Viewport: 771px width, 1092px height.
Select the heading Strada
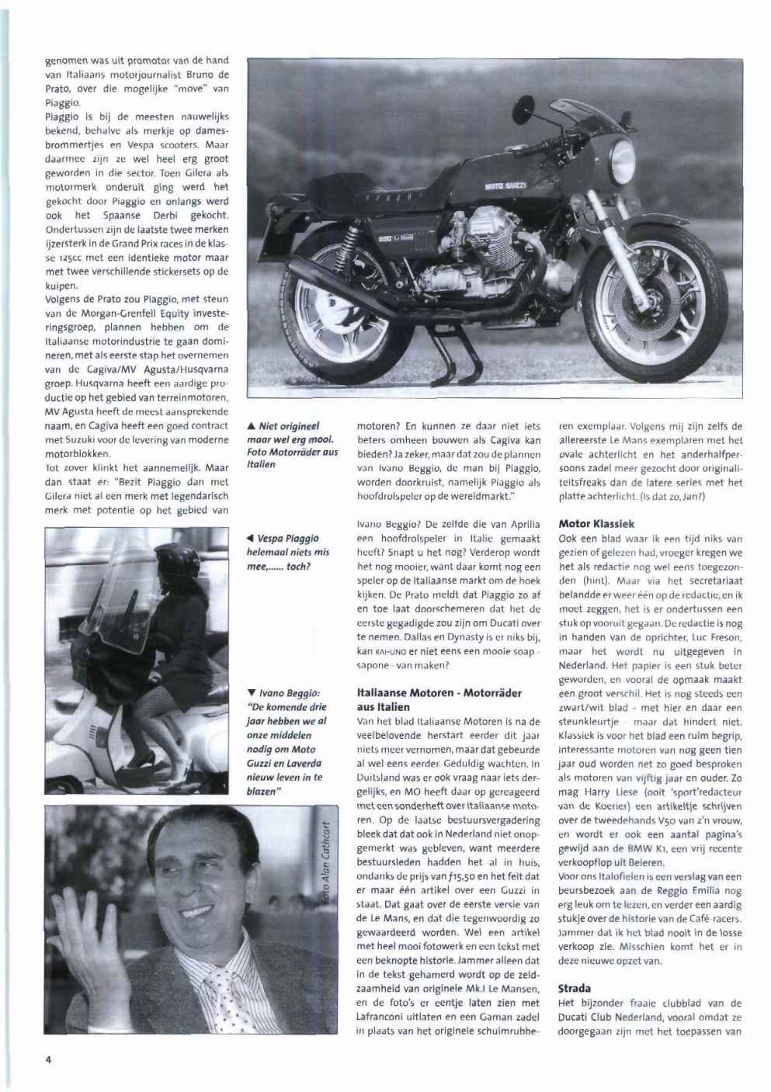click(575, 989)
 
